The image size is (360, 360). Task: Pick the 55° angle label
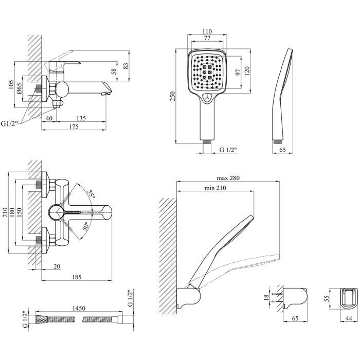click(x=91, y=194)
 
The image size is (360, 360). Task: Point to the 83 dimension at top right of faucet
click(x=125, y=66)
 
